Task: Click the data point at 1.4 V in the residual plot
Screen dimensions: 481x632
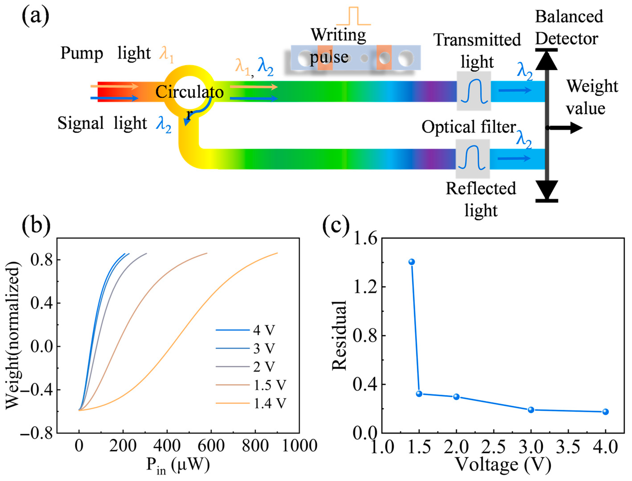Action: coord(412,262)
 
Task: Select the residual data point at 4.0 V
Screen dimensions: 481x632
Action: coord(605,412)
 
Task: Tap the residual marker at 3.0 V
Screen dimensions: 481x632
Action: coord(531,410)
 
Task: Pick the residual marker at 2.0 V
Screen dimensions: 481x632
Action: coord(456,397)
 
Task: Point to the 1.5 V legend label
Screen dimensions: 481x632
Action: coord(270,385)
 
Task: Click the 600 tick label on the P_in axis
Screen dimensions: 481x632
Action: coord(211,446)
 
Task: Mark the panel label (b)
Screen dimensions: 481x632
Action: coord(36,225)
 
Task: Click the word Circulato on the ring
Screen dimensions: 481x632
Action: coord(189,92)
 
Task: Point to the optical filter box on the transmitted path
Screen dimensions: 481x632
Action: coord(474,91)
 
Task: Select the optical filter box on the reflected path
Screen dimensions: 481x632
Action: coord(473,159)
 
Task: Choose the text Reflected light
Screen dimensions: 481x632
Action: coord(481,199)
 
